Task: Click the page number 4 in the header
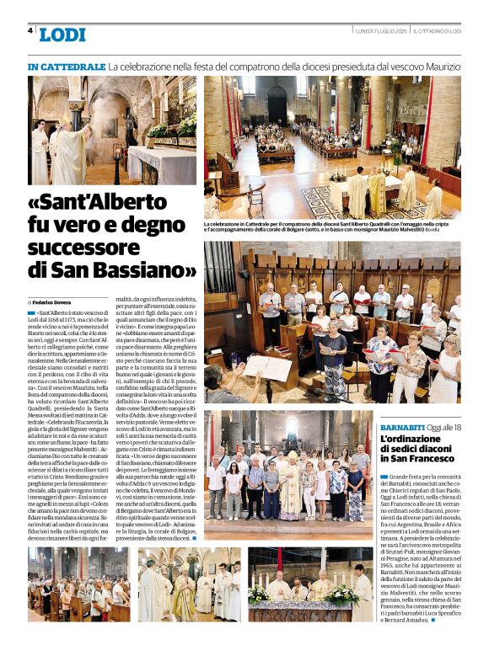click(30, 30)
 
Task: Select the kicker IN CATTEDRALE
click(66, 66)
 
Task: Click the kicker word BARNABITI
click(401, 428)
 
